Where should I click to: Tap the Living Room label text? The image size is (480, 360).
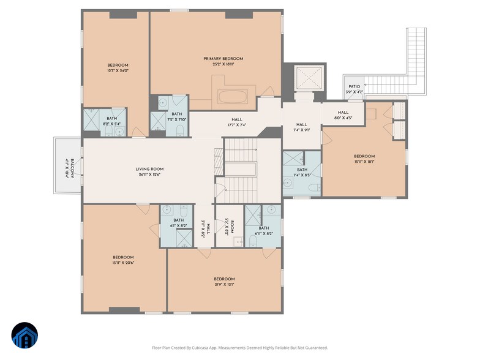coord(149,169)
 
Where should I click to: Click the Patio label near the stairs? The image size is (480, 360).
coord(354,87)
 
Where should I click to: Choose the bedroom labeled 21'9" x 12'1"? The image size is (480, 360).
coord(225,281)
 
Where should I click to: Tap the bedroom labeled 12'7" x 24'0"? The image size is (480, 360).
coord(118,68)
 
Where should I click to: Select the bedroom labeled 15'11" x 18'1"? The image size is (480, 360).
coord(364,159)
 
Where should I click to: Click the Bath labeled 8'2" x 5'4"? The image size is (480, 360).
coord(111,121)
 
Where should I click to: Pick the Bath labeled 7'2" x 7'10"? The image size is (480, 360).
coord(176,116)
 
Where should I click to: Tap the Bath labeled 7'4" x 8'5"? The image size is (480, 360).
coord(302,173)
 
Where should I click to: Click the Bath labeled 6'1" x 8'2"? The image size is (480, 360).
coord(178,223)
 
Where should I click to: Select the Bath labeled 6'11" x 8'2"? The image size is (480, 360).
coord(263,231)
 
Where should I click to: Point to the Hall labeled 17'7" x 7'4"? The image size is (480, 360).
coord(236,122)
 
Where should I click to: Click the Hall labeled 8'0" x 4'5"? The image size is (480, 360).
coord(343,114)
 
